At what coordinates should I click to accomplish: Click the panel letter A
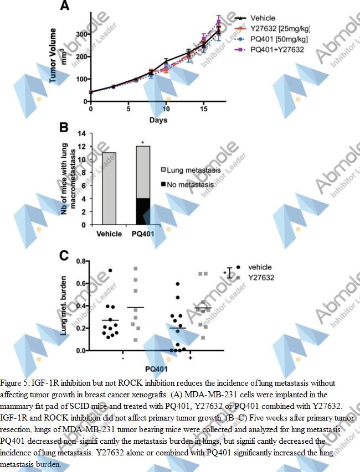pyautogui.click(x=64, y=7)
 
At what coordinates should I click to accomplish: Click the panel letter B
pyautogui.click(x=64, y=128)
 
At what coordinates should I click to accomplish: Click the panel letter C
pyautogui.click(x=64, y=256)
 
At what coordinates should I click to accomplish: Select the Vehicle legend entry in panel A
pyautogui.click(x=263, y=18)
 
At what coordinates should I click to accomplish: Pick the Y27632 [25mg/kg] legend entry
pyautogui.click(x=279, y=29)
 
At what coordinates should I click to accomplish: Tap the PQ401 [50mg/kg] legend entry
pyautogui.click(x=279, y=39)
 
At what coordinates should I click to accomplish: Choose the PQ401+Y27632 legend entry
pyautogui.click(x=277, y=49)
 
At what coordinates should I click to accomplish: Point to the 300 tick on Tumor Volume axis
pyautogui.click(x=83, y=34)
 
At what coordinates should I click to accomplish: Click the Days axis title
pyautogui.click(x=158, y=120)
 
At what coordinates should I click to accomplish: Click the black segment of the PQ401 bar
pyautogui.click(x=143, y=212)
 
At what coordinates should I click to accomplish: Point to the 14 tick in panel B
pyautogui.click(x=84, y=133)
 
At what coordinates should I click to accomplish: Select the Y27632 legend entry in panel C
pyautogui.click(x=261, y=277)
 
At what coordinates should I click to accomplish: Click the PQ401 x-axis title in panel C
pyautogui.click(x=156, y=368)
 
